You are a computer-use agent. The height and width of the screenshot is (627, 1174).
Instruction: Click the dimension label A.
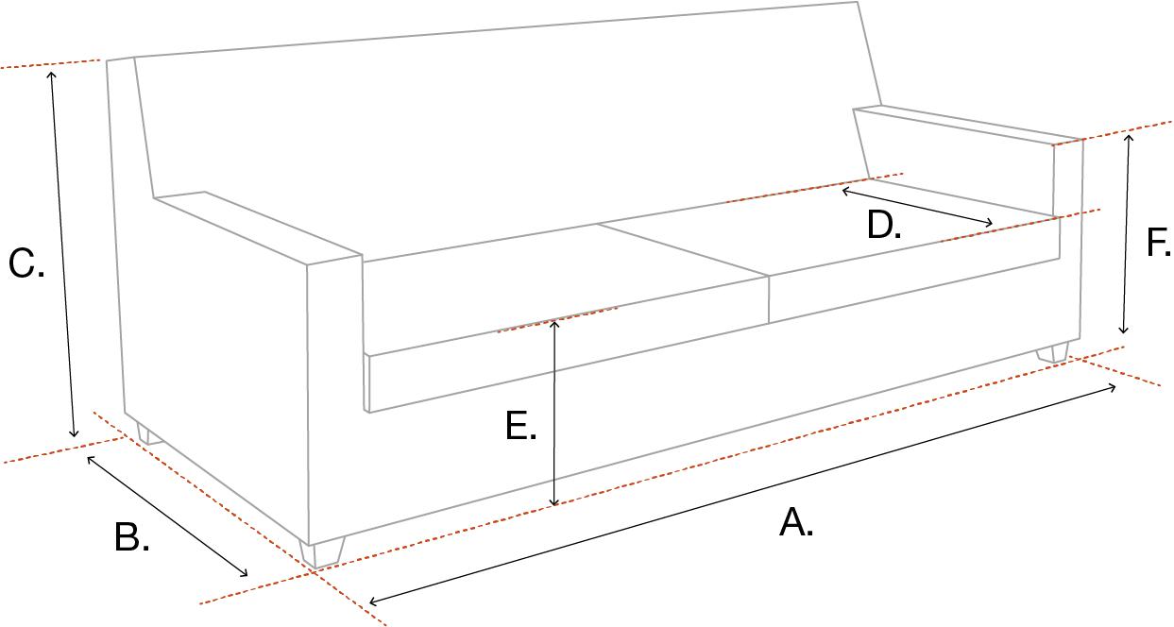coord(795,522)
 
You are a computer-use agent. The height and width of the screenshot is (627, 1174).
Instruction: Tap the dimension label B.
coord(131,538)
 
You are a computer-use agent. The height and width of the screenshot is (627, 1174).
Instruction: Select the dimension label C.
coord(26,264)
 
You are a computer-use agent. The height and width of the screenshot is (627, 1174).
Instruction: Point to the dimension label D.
coord(884,226)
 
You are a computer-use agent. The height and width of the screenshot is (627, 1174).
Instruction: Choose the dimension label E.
coord(520,426)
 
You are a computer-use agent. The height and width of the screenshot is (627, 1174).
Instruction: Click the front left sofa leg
coord(322,551)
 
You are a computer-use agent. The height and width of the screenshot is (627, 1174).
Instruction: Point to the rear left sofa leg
coord(148,434)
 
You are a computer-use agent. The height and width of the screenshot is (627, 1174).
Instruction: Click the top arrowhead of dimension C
coord(52,71)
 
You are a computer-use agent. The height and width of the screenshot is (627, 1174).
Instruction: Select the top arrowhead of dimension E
coord(554,322)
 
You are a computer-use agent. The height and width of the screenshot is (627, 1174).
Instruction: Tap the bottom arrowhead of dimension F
coord(1123,331)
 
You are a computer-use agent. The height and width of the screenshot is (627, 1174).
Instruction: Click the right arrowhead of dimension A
coord(1114,386)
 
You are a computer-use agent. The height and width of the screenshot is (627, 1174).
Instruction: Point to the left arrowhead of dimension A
coord(372,601)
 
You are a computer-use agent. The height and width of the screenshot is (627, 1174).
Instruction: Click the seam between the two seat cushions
coord(684,250)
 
